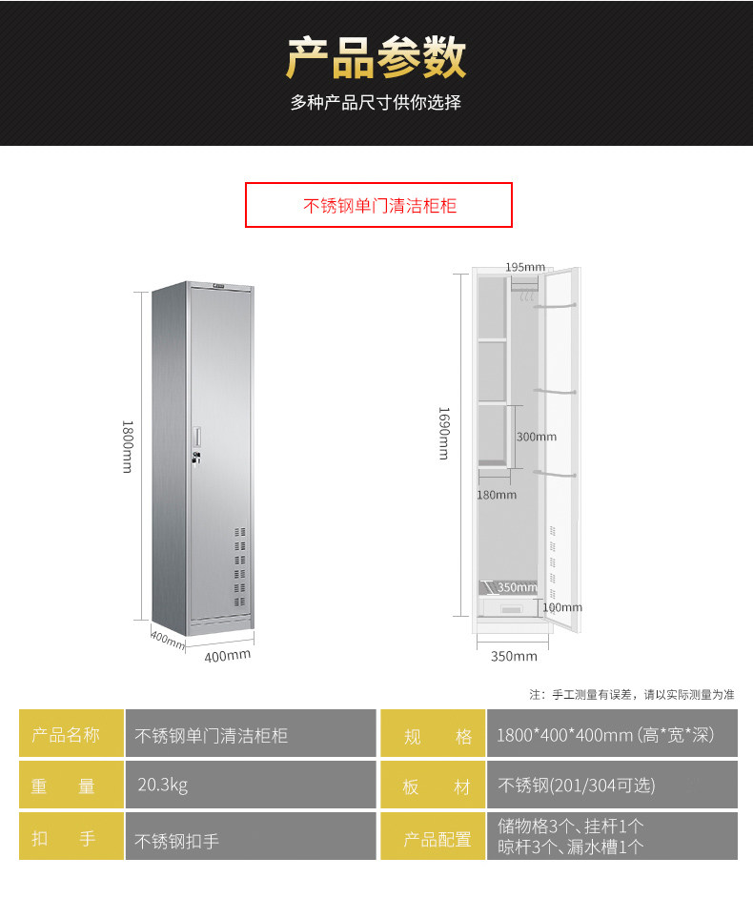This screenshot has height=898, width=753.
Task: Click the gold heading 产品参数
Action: click(376, 58)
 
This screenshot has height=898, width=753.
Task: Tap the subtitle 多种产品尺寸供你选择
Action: click(376, 103)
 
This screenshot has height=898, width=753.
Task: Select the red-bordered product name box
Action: click(378, 205)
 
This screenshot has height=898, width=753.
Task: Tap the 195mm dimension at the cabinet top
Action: click(524, 267)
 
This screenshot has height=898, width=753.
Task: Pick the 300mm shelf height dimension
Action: click(536, 437)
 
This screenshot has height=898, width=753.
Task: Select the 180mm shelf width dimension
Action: click(497, 495)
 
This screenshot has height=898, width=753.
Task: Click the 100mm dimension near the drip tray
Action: click(561, 607)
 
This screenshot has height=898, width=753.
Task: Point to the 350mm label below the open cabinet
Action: click(514, 656)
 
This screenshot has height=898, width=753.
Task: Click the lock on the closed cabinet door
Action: click(197, 459)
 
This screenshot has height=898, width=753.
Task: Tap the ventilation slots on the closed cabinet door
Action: click(239, 561)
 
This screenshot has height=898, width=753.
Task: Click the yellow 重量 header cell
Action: click(71, 786)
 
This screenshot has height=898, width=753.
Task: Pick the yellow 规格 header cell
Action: click(433, 735)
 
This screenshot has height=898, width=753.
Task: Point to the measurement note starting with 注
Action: click(632, 694)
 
